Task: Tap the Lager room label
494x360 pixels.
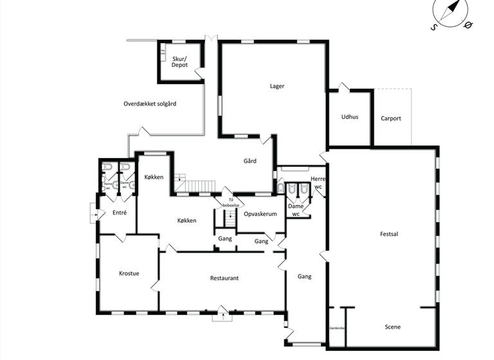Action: tap(277, 85)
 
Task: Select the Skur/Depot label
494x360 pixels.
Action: tap(179, 62)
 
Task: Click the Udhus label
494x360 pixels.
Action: tap(349, 118)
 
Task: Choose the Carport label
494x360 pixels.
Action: tap(390, 118)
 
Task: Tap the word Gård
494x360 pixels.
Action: tap(250, 161)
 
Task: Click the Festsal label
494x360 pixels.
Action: tap(389, 234)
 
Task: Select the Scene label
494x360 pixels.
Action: tap(392, 327)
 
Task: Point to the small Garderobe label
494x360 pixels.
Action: tap(337, 327)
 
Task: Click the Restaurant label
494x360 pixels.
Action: tap(224, 278)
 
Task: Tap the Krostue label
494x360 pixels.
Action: tap(129, 273)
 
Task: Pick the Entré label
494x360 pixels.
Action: tap(119, 212)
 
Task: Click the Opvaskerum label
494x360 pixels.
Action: tap(261, 215)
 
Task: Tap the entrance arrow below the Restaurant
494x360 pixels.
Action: tap(222, 315)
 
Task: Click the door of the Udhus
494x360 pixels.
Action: tap(344, 87)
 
